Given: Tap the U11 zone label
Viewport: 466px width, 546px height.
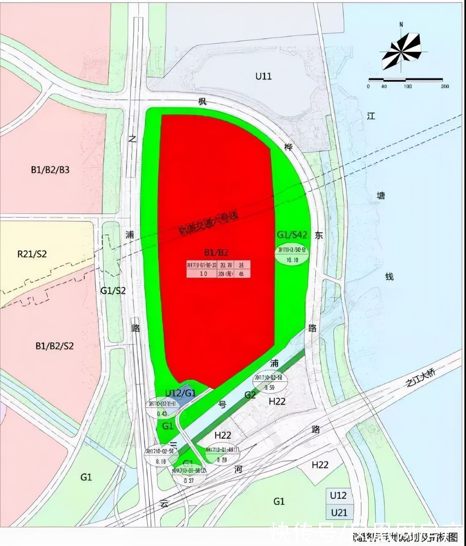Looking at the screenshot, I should pos(263,76).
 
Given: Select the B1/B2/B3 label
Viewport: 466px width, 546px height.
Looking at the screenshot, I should pos(50,170).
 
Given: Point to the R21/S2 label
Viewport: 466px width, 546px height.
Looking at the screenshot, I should pos(32,254).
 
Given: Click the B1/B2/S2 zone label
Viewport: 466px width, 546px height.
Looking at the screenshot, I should pos(55,346).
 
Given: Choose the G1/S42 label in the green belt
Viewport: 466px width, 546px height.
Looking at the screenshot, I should pos(292,235).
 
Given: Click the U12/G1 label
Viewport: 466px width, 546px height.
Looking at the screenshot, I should pos(180,393).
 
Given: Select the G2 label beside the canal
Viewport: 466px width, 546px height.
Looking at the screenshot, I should pos(250,395).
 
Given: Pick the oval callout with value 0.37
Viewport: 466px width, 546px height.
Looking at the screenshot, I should pos(188,476).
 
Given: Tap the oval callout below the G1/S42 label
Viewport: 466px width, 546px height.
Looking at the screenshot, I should pos(292,254).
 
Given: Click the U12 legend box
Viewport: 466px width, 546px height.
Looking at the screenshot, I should pos(338,495).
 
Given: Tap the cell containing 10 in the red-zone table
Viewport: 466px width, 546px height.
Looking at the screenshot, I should pos(203,273).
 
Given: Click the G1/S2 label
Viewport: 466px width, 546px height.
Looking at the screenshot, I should pos(113,291).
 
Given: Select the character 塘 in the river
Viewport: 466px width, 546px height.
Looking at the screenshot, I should pos(380,196).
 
